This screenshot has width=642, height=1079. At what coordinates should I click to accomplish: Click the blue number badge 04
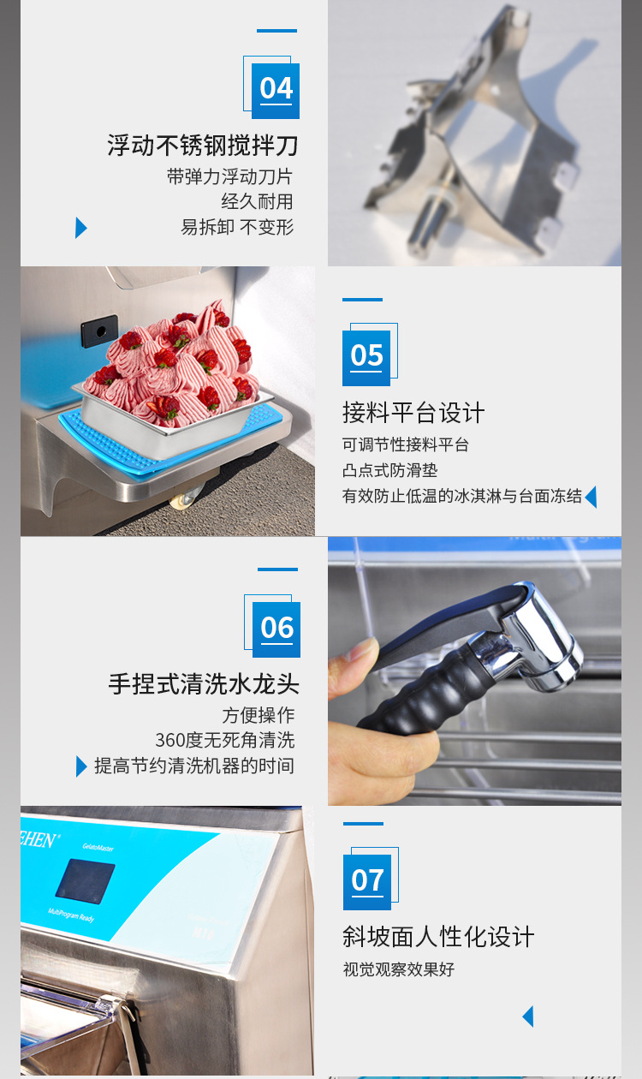[276, 89]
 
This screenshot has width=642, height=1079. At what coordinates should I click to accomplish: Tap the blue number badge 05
[366, 356]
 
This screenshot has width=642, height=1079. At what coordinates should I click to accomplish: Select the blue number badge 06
[276, 629]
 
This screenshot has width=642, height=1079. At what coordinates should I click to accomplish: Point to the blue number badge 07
[367, 881]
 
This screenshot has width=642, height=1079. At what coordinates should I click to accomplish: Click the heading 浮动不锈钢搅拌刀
[203, 145]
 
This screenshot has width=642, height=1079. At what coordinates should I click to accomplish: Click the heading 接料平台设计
[413, 413]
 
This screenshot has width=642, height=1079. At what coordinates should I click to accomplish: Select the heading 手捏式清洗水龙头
[204, 684]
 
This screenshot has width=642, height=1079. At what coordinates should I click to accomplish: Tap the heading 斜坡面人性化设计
[438, 937]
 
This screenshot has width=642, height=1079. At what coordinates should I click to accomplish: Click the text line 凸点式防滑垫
[390, 470]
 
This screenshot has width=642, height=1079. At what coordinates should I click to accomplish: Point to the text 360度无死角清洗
[224, 740]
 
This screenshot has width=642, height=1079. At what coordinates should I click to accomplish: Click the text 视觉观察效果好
[399, 969]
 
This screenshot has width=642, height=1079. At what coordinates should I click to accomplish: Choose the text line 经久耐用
[257, 201]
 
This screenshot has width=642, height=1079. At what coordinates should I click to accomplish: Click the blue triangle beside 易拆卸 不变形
[80, 228]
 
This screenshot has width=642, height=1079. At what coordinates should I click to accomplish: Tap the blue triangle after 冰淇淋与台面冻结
[591, 497]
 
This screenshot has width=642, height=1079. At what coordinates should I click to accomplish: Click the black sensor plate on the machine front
[100, 331]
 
